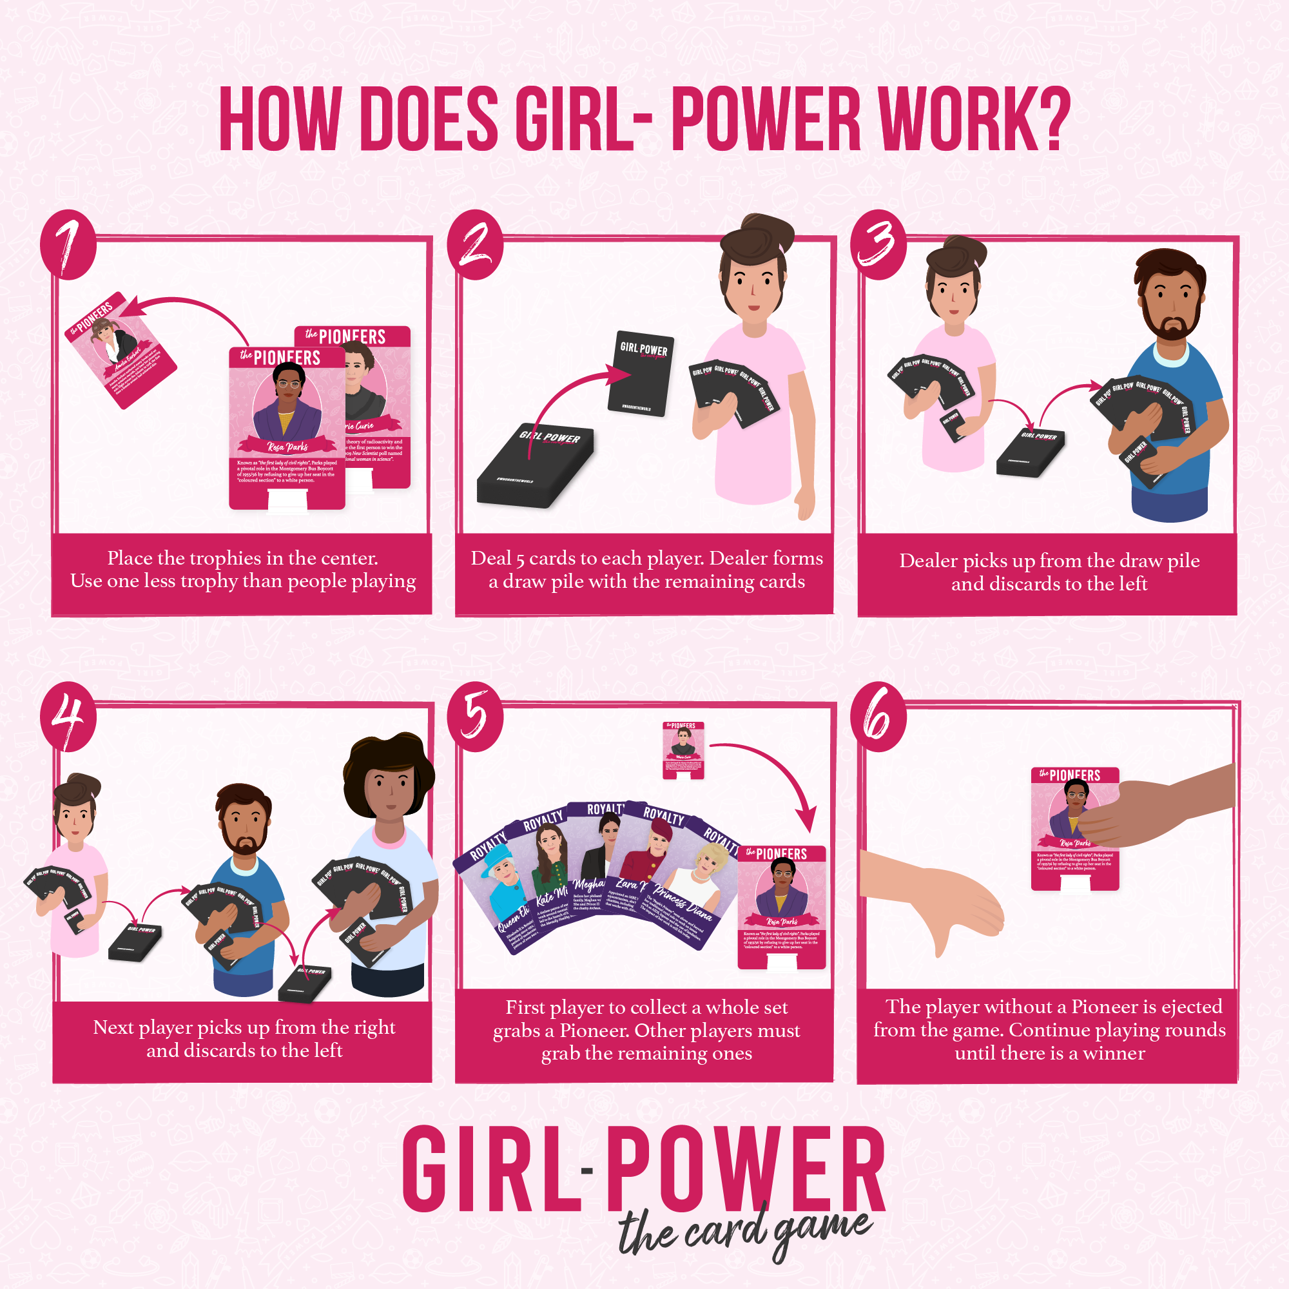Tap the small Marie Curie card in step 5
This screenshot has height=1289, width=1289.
pos(683,750)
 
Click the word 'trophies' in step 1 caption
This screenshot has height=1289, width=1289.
pos(222,557)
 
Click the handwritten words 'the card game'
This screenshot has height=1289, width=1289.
pos(744,1231)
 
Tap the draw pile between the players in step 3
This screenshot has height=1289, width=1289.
pos(1031,452)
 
